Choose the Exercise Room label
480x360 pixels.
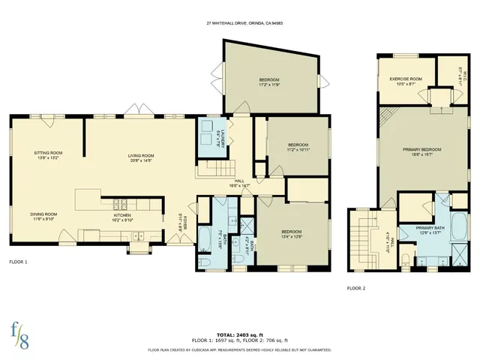(x=406, y=80)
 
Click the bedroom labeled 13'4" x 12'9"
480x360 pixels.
(x=292, y=233)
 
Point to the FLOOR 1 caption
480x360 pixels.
(x=19, y=262)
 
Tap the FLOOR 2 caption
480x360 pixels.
(x=357, y=287)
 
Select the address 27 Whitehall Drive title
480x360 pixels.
(x=239, y=22)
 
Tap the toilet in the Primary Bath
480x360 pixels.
(x=406, y=259)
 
